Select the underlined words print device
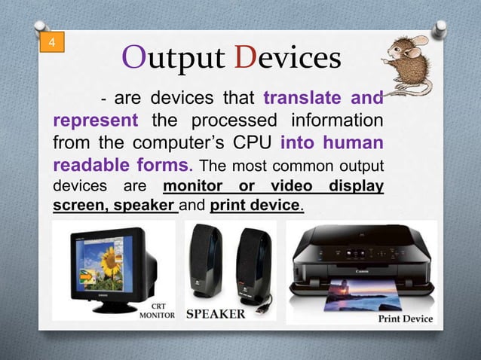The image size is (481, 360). pyautogui.click(x=256, y=206)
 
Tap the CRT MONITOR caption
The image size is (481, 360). pyautogui.click(x=158, y=311)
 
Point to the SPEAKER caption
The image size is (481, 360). pyautogui.click(x=216, y=314)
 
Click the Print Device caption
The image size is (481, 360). pyautogui.click(x=405, y=319)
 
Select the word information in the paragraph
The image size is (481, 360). pyautogui.click(x=332, y=121)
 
